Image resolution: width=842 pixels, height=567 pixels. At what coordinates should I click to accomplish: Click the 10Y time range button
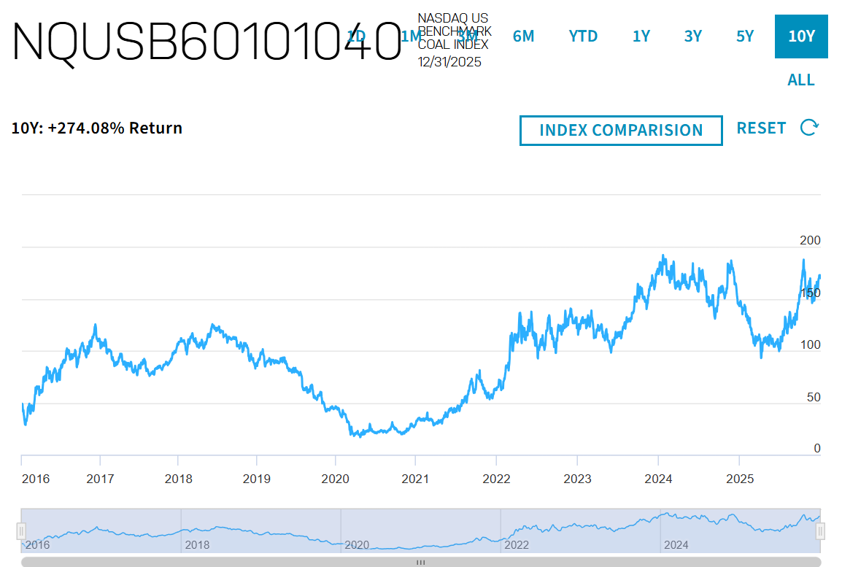[801, 36]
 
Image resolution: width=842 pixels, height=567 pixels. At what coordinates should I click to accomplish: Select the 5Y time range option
[745, 36]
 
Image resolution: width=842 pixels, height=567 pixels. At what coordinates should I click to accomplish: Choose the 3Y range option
[693, 36]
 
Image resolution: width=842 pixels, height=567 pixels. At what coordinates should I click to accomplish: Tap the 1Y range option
[641, 36]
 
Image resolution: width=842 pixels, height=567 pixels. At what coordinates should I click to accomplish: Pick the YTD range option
[583, 36]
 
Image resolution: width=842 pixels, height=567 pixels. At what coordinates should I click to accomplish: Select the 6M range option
[523, 36]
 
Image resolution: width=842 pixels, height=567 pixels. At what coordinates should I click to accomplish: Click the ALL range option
[801, 80]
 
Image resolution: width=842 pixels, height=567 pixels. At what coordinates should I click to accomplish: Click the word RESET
[761, 128]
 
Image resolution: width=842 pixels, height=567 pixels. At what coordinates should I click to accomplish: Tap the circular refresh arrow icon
[809, 128]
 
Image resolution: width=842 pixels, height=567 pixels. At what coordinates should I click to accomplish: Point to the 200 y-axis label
[811, 240]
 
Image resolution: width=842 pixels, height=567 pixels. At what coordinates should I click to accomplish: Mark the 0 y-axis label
[817, 449]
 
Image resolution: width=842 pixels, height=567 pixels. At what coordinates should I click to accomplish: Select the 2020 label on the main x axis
[336, 479]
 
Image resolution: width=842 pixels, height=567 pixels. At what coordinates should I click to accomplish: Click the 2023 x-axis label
[578, 479]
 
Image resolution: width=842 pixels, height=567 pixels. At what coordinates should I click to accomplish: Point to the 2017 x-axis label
[100, 479]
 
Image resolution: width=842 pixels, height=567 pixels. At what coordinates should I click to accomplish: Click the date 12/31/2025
[449, 62]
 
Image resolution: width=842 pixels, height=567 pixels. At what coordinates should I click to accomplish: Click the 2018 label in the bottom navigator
[197, 544]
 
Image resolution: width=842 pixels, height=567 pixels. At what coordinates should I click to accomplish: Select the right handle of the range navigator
[820, 531]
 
